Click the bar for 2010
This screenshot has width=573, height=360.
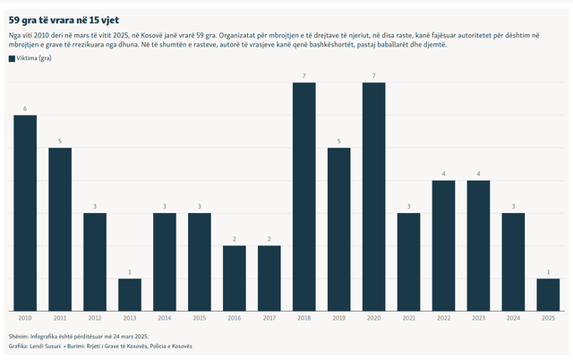(x=25, y=213)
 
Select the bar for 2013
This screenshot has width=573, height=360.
(x=130, y=295)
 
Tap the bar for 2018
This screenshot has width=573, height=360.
(x=304, y=197)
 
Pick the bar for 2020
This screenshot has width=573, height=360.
(x=373, y=197)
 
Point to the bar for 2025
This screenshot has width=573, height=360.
(x=548, y=295)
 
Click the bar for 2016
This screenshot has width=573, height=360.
(x=235, y=279)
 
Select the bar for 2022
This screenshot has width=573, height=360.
(x=443, y=246)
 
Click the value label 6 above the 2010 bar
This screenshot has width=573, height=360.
(x=25, y=109)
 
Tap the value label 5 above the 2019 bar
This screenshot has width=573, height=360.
(x=339, y=141)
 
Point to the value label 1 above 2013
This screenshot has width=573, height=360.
(x=130, y=272)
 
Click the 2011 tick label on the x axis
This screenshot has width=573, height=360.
(x=60, y=318)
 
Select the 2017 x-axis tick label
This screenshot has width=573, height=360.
(x=269, y=318)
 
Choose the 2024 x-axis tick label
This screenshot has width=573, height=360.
(x=513, y=318)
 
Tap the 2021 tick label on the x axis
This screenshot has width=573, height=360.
(x=408, y=318)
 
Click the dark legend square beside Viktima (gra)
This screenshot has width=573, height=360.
(x=12, y=57)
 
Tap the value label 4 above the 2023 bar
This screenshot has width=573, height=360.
(x=478, y=175)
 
